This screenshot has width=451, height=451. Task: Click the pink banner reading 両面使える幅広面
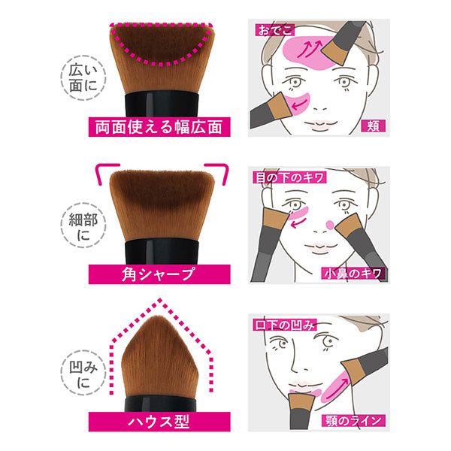[159, 127]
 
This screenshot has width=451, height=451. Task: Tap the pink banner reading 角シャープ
[159, 274]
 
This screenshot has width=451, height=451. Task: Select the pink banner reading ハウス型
[159, 422]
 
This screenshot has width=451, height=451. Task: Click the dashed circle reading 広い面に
[83, 77]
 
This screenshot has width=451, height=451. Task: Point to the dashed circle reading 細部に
[83, 225]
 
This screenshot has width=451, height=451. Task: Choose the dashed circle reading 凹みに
[83, 373]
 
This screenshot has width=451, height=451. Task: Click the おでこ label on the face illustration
[274, 30]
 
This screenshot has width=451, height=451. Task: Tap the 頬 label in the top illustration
[373, 126]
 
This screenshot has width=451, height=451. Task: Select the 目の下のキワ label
[289, 177]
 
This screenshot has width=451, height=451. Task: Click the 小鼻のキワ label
[353, 274]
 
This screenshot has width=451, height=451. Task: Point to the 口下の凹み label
[285, 325]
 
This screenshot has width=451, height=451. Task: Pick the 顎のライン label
[353, 420]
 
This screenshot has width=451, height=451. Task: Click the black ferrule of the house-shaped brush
[161, 404]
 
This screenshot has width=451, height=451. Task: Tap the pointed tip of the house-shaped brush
[159, 316]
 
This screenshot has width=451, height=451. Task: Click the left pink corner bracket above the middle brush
[106, 172]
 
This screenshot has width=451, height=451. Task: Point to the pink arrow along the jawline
[337, 389]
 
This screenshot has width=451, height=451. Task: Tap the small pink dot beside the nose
[330, 225]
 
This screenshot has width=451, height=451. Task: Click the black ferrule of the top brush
[162, 105]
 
